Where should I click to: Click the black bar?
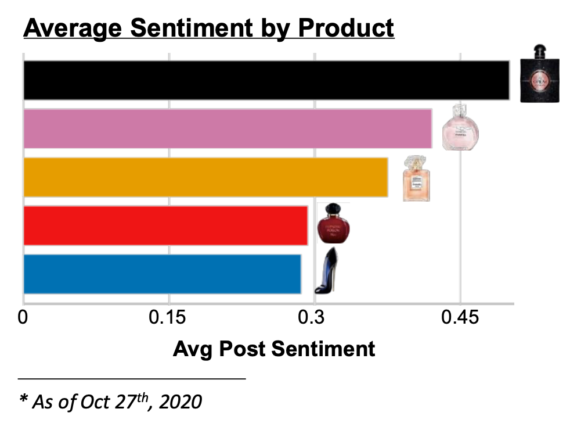[266, 80]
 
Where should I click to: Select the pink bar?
[227, 128]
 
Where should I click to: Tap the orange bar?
[205, 177]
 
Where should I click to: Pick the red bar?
[165, 225]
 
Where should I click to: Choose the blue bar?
[162, 274]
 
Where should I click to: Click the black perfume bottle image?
[540, 74]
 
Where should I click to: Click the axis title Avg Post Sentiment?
[274, 349]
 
